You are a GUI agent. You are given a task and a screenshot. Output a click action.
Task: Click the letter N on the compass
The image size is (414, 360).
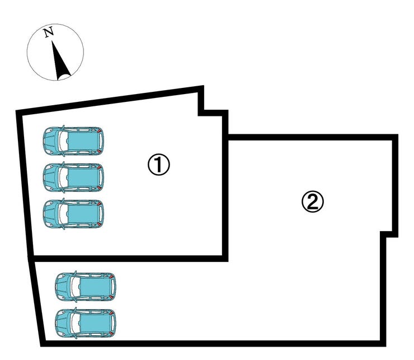(x=49, y=32)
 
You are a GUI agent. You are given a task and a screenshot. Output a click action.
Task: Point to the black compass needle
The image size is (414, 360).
(x=60, y=62)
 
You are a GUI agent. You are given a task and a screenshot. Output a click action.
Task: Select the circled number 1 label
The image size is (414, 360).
(x=158, y=165)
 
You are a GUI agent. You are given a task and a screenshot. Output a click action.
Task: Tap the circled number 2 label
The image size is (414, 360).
(x=313, y=202)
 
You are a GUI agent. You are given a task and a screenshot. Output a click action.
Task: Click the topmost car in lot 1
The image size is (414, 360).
(x=73, y=141)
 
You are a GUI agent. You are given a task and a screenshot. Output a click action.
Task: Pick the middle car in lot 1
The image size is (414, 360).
(x=73, y=177)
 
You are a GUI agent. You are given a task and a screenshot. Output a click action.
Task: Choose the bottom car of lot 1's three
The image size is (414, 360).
(x=73, y=213)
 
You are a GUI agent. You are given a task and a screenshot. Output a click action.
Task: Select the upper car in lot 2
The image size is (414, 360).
(x=85, y=287)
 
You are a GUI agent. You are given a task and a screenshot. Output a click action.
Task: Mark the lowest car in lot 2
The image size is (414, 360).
(x=85, y=323)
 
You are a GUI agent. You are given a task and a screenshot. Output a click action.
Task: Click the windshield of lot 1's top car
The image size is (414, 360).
(x=63, y=141)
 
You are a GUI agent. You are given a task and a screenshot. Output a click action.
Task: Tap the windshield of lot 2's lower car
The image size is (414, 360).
(x=76, y=323)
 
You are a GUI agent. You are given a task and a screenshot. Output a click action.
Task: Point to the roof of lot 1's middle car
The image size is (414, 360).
(x=83, y=177)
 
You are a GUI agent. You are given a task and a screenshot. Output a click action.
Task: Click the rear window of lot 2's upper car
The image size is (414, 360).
(x=113, y=287)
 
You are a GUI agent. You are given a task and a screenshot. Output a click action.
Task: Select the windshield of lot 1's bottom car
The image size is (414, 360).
(x=63, y=213)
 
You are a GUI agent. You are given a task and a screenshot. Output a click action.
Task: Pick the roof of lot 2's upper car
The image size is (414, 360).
(x=96, y=287)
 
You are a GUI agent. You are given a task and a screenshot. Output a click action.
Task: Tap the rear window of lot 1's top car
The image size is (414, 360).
(x=101, y=141)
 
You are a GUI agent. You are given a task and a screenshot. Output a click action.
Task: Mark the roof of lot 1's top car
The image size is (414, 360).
(x=83, y=141)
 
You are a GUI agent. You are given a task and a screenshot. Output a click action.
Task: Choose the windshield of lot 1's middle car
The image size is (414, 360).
(x=63, y=177)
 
